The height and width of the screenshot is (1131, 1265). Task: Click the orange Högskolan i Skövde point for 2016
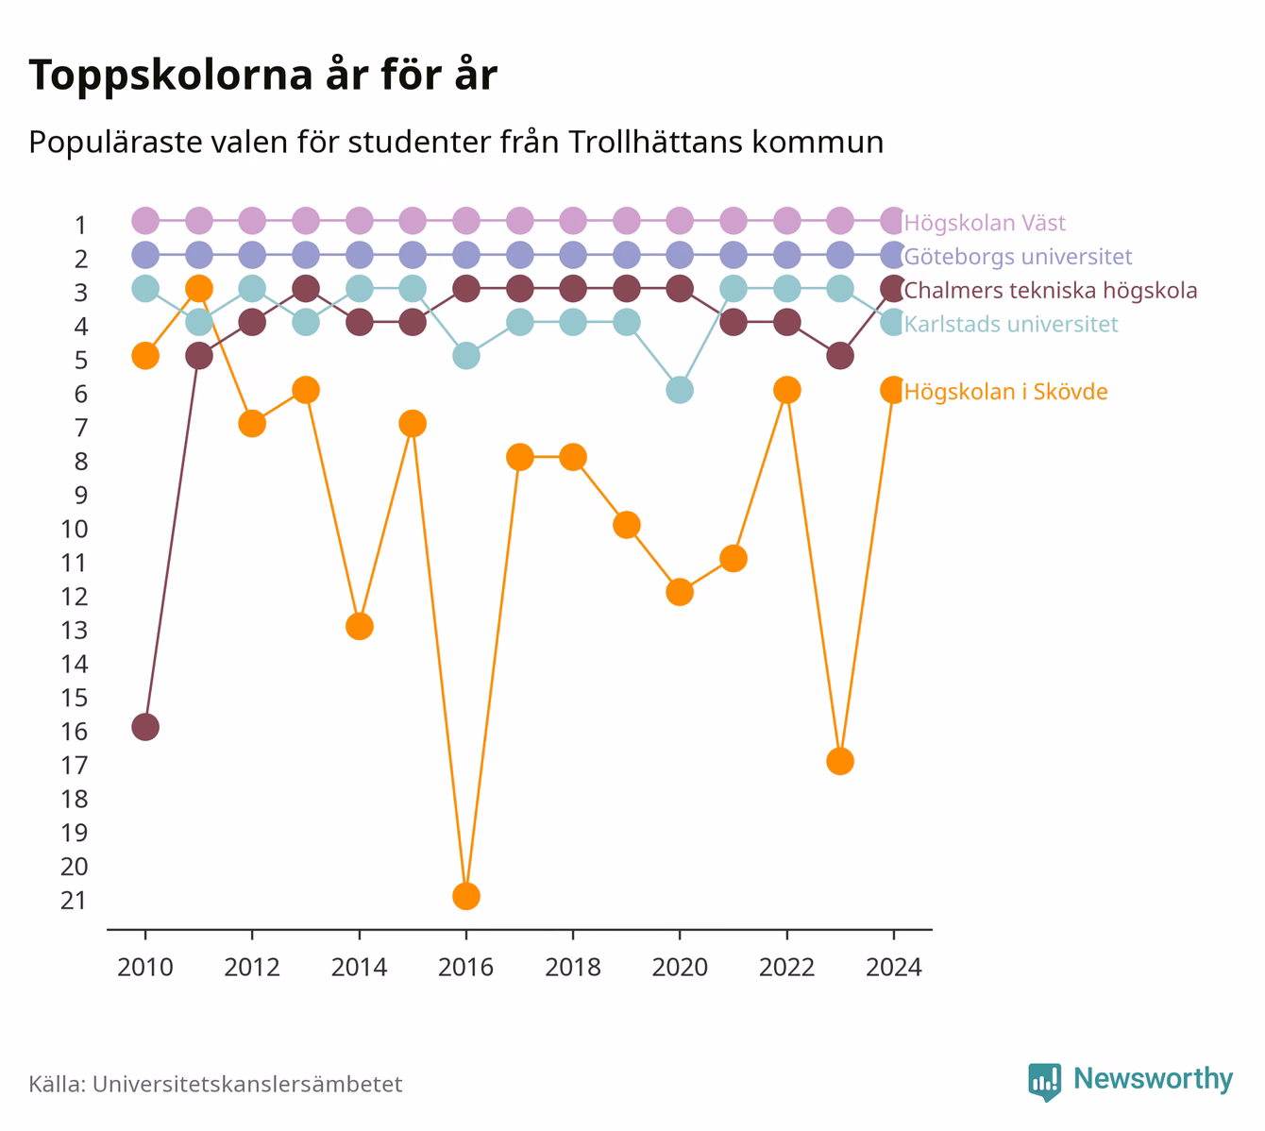pos(465,896)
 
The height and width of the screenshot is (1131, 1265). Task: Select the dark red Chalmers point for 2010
pos(145,728)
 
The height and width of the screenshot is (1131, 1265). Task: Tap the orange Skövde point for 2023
pos(840,761)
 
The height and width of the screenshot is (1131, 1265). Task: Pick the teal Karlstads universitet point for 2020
pos(680,390)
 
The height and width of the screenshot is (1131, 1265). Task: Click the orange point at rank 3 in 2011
pos(199,289)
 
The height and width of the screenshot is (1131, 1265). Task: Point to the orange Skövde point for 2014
pos(360,626)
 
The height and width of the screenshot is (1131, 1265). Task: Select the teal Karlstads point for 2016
pos(465,356)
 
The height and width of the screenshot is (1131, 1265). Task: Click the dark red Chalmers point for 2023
pos(840,356)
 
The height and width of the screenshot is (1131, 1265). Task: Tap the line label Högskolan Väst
pos(985,222)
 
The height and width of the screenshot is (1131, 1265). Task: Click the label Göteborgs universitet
pos(1018,257)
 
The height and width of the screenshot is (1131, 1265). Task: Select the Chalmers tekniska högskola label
pos(1050,291)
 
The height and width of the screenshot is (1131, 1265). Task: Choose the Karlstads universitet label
pos(1011,324)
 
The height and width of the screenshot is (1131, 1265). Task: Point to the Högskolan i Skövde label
pos(1005,392)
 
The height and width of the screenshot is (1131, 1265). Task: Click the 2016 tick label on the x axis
pos(465,968)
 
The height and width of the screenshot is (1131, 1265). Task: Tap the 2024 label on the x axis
pos(893,968)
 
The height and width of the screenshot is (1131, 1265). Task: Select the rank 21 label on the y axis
pos(74,901)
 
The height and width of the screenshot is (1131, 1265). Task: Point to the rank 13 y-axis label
pos(74,631)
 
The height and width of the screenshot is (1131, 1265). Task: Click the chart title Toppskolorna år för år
pos(262,75)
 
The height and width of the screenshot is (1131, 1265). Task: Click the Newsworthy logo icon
pos(1044,1081)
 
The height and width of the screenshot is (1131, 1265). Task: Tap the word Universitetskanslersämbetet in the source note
pos(247,1084)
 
